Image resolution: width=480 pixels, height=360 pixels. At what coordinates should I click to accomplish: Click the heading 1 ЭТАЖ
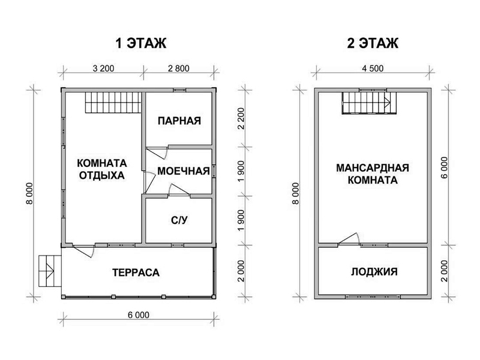(141, 43)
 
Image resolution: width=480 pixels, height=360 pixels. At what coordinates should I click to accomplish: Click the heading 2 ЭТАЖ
(373, 43)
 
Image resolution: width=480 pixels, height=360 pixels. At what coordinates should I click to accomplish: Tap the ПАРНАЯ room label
(179, 121)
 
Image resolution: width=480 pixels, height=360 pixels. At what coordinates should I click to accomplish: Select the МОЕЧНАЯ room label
(184, 171)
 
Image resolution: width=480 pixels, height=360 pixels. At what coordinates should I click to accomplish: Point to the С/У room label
(179, 220)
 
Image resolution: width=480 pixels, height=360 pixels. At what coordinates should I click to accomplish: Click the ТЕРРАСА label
(136, 272)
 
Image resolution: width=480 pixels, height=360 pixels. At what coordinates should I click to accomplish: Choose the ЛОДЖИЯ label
(374, 272)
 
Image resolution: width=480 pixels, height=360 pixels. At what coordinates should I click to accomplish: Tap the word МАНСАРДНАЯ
(373, 168)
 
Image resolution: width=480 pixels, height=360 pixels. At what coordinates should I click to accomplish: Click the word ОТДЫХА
(101, 175)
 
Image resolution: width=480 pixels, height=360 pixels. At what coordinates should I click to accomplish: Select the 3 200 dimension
(103, 68)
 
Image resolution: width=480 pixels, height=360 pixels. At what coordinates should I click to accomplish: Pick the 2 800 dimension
(179, 68)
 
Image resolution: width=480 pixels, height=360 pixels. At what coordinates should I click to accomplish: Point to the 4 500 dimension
(373, 68)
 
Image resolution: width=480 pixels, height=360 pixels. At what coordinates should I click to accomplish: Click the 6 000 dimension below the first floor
(139, 315)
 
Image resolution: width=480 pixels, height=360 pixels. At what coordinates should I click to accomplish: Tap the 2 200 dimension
(241, 118)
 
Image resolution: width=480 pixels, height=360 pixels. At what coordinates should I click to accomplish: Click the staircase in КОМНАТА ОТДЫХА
(113, 103)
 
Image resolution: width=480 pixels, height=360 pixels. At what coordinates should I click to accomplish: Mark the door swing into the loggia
(349, 239)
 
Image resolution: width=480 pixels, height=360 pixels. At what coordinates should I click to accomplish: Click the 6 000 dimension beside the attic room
(445, 168)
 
